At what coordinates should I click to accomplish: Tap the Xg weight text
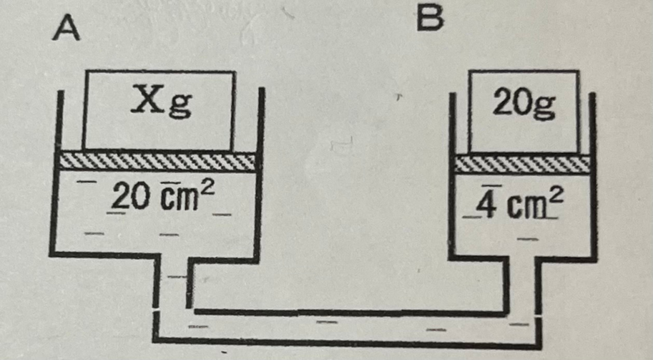tap(161, 104)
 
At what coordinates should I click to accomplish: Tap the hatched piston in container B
tap(522, 163)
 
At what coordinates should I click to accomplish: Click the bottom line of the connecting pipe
tap(346, 341)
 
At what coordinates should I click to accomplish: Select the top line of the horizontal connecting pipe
tap(346, 311)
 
